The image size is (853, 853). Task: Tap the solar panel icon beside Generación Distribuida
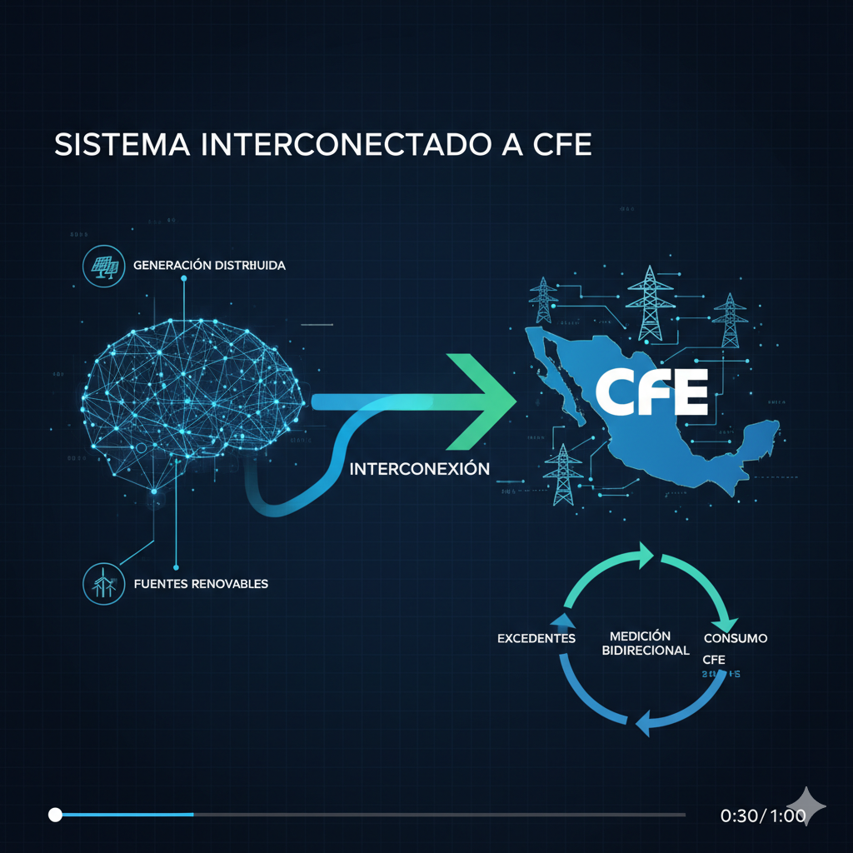[104, 266]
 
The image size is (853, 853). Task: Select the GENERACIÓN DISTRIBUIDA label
[209, 266]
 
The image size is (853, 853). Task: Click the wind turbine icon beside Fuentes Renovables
[104, 583]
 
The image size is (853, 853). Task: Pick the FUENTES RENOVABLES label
[201, 583]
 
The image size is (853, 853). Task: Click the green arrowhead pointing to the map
[483, 392]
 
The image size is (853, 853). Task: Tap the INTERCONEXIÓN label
[419, 469]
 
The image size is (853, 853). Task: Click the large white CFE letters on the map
[652, 392]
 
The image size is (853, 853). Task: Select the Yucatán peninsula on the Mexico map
[760, 437]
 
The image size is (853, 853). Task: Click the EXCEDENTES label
[536, 638]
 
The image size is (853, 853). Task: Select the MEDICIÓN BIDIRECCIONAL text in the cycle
[646, 642]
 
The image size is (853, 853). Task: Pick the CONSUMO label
[736, 638]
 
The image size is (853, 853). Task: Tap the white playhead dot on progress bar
[55, 814]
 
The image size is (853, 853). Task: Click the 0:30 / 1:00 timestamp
[762, 816]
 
